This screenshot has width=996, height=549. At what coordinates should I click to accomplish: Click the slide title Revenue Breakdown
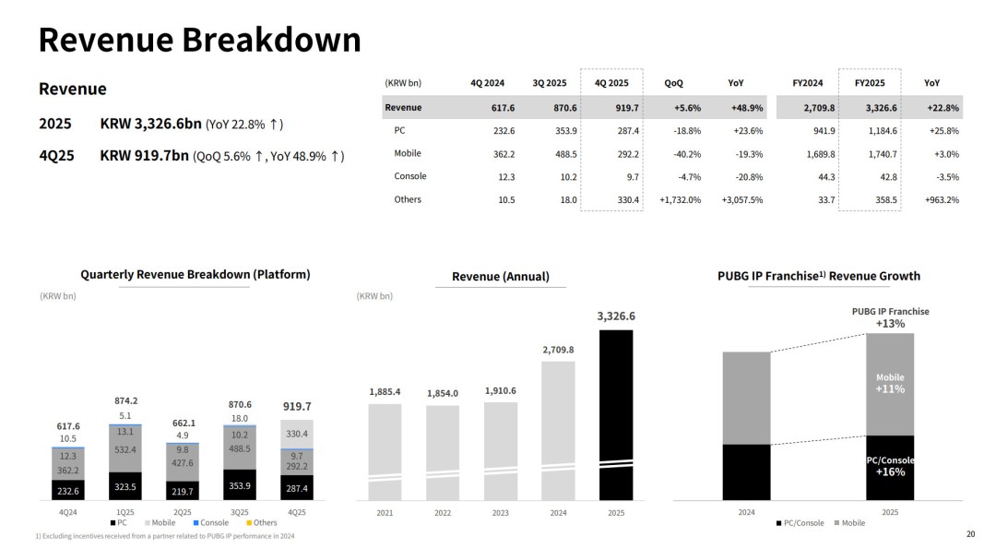coord(199,41)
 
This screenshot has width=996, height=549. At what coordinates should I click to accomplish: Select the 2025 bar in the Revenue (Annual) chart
coord(616,415)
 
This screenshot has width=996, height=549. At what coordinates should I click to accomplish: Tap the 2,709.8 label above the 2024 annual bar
coord(558,350)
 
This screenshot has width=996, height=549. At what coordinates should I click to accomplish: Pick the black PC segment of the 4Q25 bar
coord(296,487)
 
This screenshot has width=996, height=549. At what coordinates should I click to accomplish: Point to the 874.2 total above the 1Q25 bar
coord(126,400)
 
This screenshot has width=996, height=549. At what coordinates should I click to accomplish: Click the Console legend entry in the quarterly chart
coord(211,523)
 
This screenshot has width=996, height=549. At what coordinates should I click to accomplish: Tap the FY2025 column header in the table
coord(870,83)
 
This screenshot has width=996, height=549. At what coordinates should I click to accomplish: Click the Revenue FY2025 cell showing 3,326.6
coord(869,108)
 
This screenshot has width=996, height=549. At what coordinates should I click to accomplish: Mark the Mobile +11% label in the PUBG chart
coord(890,383)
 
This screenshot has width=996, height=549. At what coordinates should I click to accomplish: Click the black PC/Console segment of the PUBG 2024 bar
coord(746,471)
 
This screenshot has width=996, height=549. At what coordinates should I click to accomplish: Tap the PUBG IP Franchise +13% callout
coord(890,317)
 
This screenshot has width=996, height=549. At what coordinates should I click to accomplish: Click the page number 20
coord(969,533)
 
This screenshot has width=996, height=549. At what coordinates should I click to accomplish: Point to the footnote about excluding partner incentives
coord(166,536)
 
